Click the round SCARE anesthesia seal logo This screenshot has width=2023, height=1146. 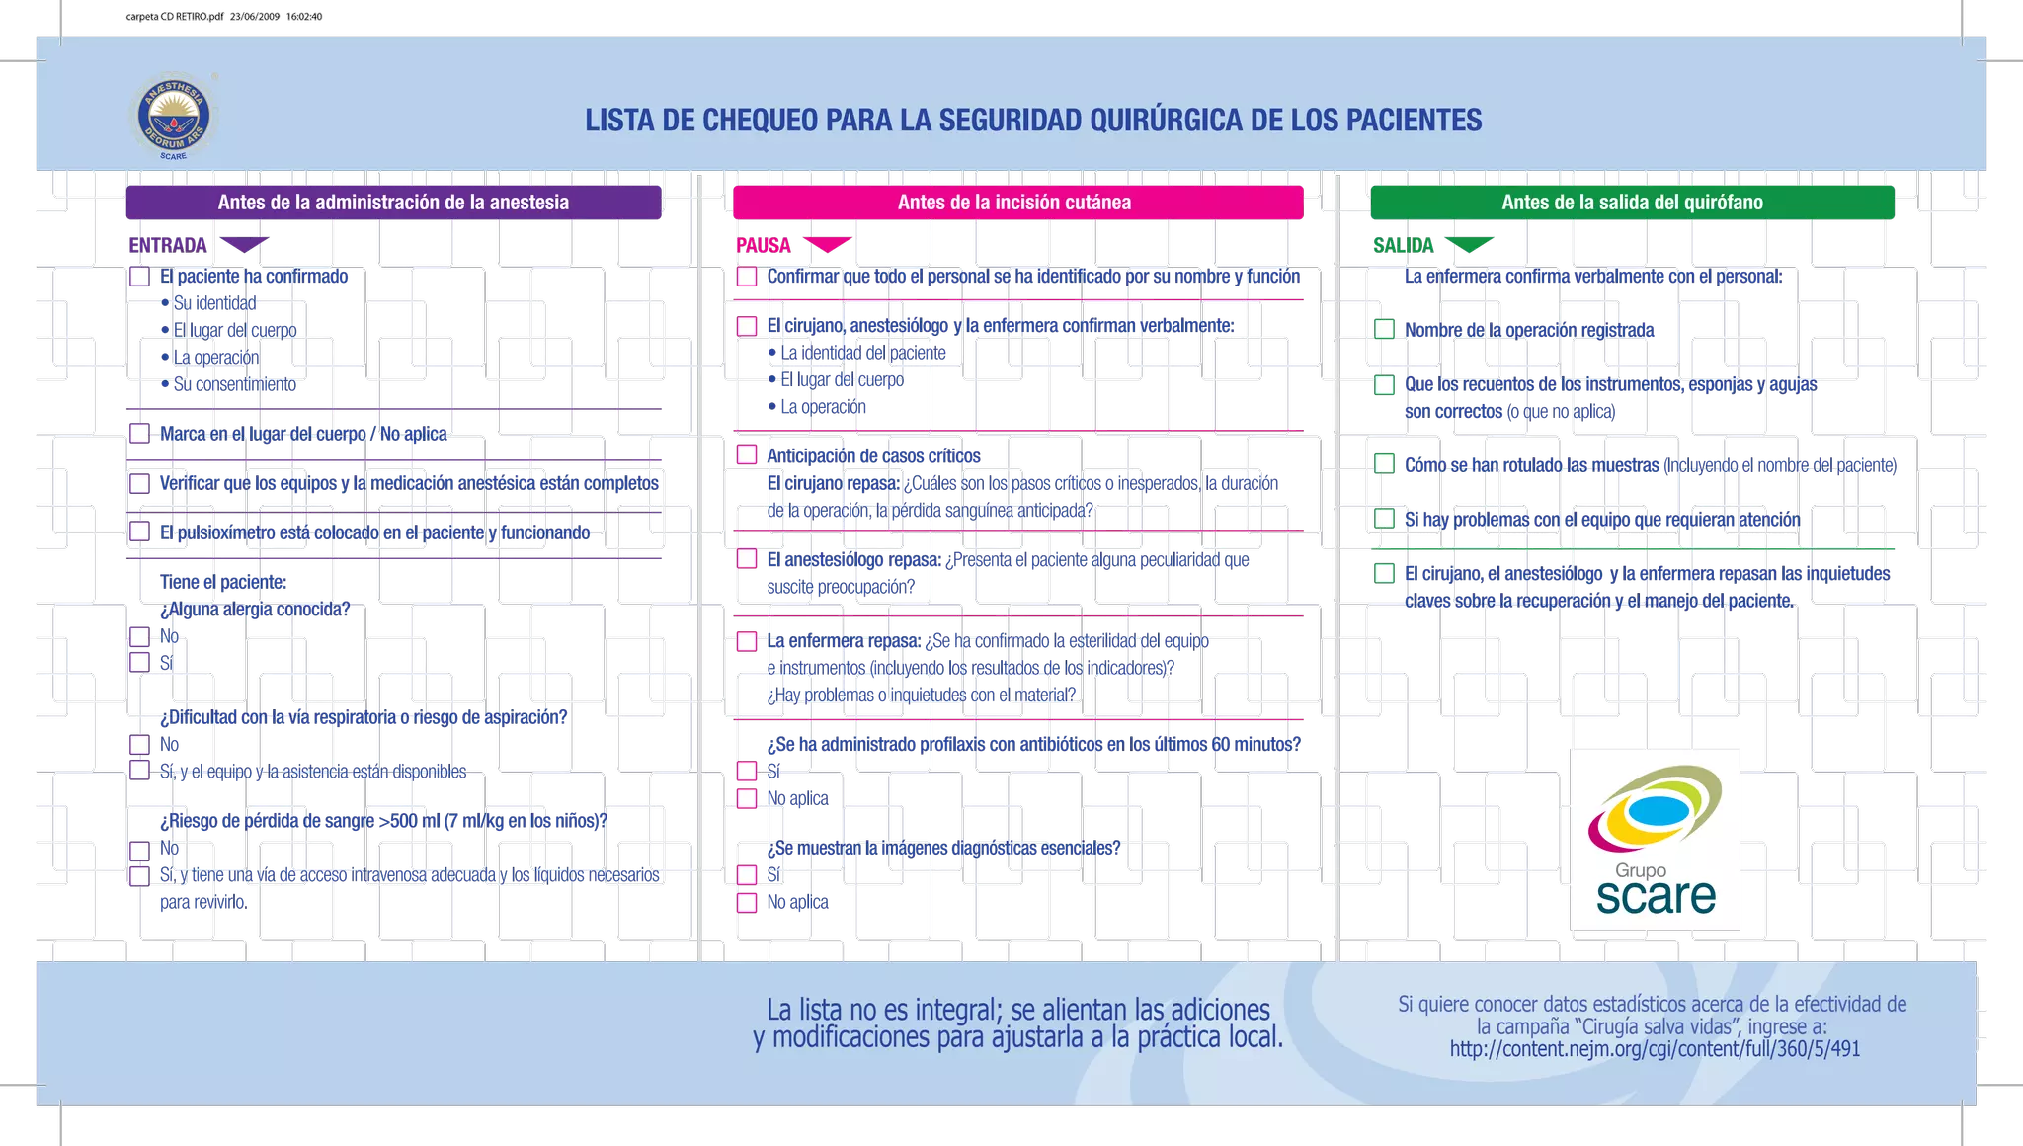(173, 117)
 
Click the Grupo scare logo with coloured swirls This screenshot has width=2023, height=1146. (1655, 840)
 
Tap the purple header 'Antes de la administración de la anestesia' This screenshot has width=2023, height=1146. (393, 203)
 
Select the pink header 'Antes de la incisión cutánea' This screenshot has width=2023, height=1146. (1017, 203)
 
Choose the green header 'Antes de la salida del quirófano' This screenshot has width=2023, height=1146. (1632, 203)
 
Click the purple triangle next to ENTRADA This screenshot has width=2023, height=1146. (244, 244)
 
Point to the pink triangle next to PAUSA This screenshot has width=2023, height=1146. (828, 244)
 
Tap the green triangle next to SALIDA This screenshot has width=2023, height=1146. (1469, 244)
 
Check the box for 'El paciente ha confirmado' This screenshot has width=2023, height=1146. (139, 277)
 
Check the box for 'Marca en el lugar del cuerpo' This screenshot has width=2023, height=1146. (139, 434)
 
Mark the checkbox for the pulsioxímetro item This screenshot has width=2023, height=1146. (139, 532)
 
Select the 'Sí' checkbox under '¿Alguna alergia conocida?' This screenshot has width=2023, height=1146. (139, 662)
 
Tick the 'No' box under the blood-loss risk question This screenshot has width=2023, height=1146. (139, 850)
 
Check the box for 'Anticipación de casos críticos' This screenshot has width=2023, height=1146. (747, 454)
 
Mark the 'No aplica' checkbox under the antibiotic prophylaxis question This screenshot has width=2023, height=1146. (747, 798)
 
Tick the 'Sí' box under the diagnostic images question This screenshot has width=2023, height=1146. (747, 874)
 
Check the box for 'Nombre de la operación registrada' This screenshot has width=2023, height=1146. (1384, 329)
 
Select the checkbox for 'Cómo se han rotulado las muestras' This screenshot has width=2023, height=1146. (1384, 464)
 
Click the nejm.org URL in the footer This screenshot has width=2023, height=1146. (1655, 1049)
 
